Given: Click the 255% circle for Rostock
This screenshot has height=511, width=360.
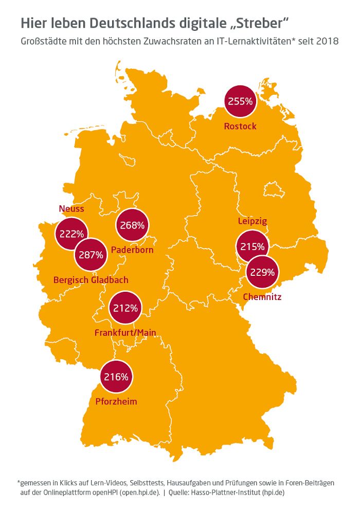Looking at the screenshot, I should coord(240,101).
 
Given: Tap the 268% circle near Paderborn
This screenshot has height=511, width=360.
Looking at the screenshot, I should coord(132,225).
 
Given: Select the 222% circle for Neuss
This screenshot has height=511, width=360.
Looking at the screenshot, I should coord(71,234).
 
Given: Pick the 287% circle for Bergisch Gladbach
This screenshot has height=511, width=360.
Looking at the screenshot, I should coord(91,254).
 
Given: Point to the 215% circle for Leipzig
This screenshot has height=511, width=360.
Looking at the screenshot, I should coord(253,246).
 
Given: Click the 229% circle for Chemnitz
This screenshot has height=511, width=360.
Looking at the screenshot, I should coord(262,273).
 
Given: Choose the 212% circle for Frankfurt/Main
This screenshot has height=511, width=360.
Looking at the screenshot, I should coord(125,308).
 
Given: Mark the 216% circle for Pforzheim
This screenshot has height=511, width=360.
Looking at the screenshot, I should coord(116,377).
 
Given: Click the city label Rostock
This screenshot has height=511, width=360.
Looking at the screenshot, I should coord(240,126).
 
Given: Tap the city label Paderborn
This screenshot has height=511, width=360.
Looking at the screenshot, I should coord(133,250).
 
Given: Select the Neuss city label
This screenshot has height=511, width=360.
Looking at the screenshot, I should coord(71,208).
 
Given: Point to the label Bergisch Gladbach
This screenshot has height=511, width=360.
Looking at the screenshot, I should coord(91,280).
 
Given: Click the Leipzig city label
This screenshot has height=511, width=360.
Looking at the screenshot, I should coord(253,221).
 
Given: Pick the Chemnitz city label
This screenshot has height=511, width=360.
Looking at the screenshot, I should coord(262,297).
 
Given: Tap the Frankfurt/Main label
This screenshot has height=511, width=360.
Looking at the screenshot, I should coord(125,333).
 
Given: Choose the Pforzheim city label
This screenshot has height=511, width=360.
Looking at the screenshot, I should coord(116,401).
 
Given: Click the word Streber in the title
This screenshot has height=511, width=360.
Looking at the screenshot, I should coord(261,23).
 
